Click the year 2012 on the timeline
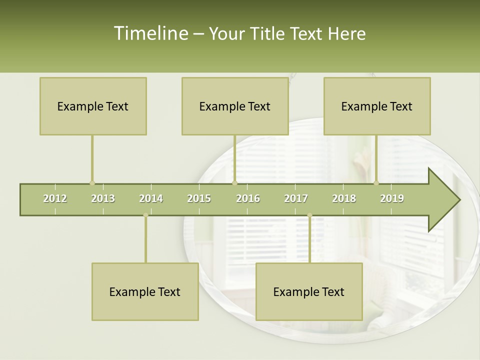click(x=55, y=199)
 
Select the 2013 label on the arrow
click(x=103, y=199)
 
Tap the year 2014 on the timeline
click(x=151, y=199)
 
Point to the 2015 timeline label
click(x=199, y=199)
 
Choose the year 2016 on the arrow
click(x=248, y=199)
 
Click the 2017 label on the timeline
click(x=296, y=199)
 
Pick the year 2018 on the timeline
click(x=344, y=199)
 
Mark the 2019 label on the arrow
click(x=392, y=199)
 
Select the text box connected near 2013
click(x=93, y=106)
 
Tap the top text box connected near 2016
click(x=235, y=106)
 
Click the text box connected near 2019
click(x=377, y=106)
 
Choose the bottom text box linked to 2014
click(x=145, y=291)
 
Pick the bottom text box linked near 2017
click(x=309, y=291)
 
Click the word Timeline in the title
click(x=150, y=33)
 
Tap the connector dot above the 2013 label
click(x=92, y=183)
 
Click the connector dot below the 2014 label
click(x=145, y=215)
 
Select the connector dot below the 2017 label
click(x=309, y=215)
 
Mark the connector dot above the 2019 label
click(x=376, y=183)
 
